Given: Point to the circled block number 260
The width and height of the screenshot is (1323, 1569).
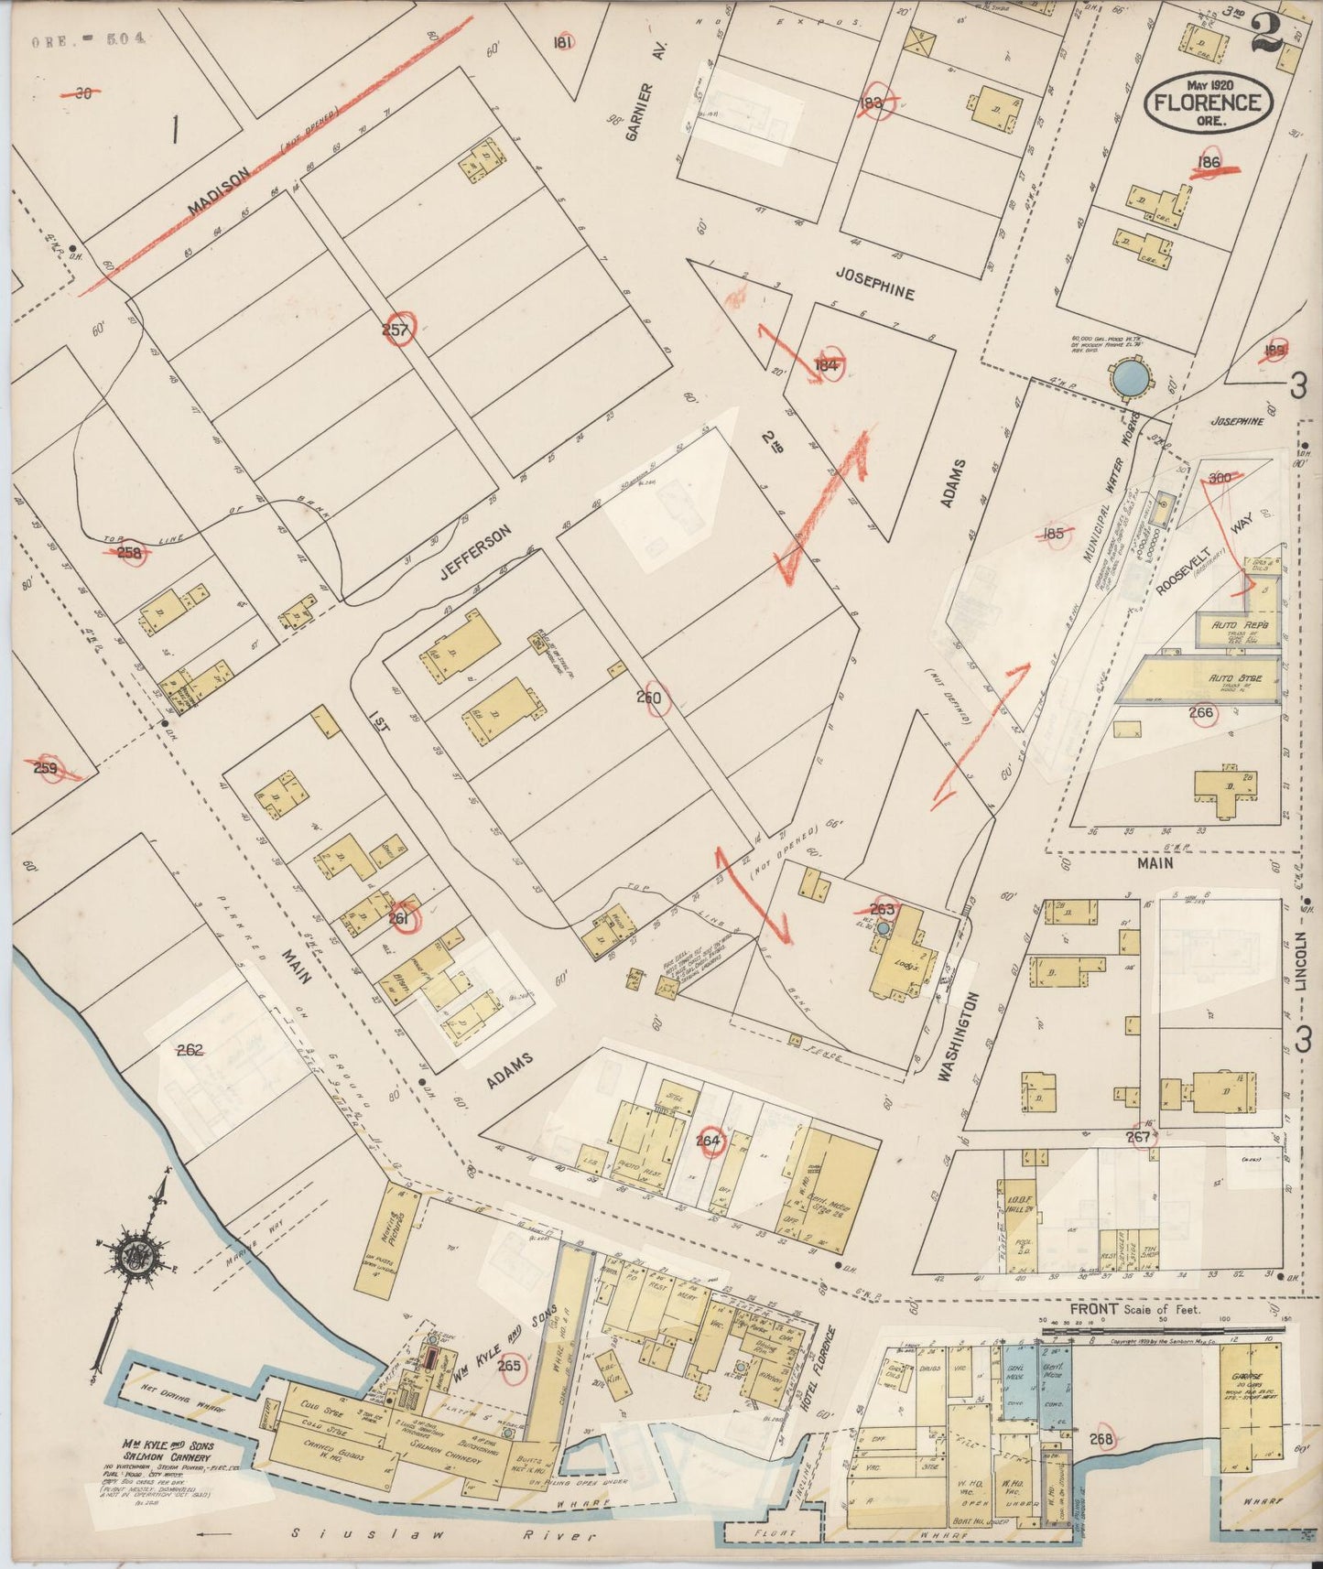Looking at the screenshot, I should (651, 698).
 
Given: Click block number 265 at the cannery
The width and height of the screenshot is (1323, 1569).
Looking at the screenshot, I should (509, 1366).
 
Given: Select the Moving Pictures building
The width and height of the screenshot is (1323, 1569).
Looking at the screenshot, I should (401, 1224).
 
